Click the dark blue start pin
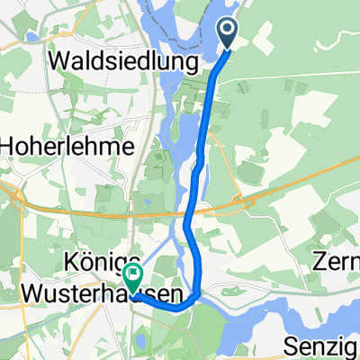pyautogui.click(x=229, y=34)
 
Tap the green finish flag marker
pyautogui.click(x=132, y=278)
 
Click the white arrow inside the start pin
pyautogui.click(x=229, y=31)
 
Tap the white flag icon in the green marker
pyautogui.click(x=133, y=274)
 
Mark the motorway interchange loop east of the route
pyautogui.click(x=238, y=200)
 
